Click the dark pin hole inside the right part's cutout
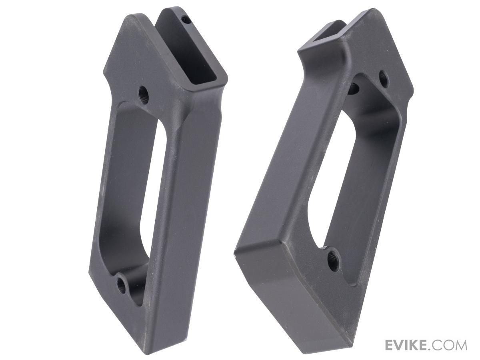coord(355,88)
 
